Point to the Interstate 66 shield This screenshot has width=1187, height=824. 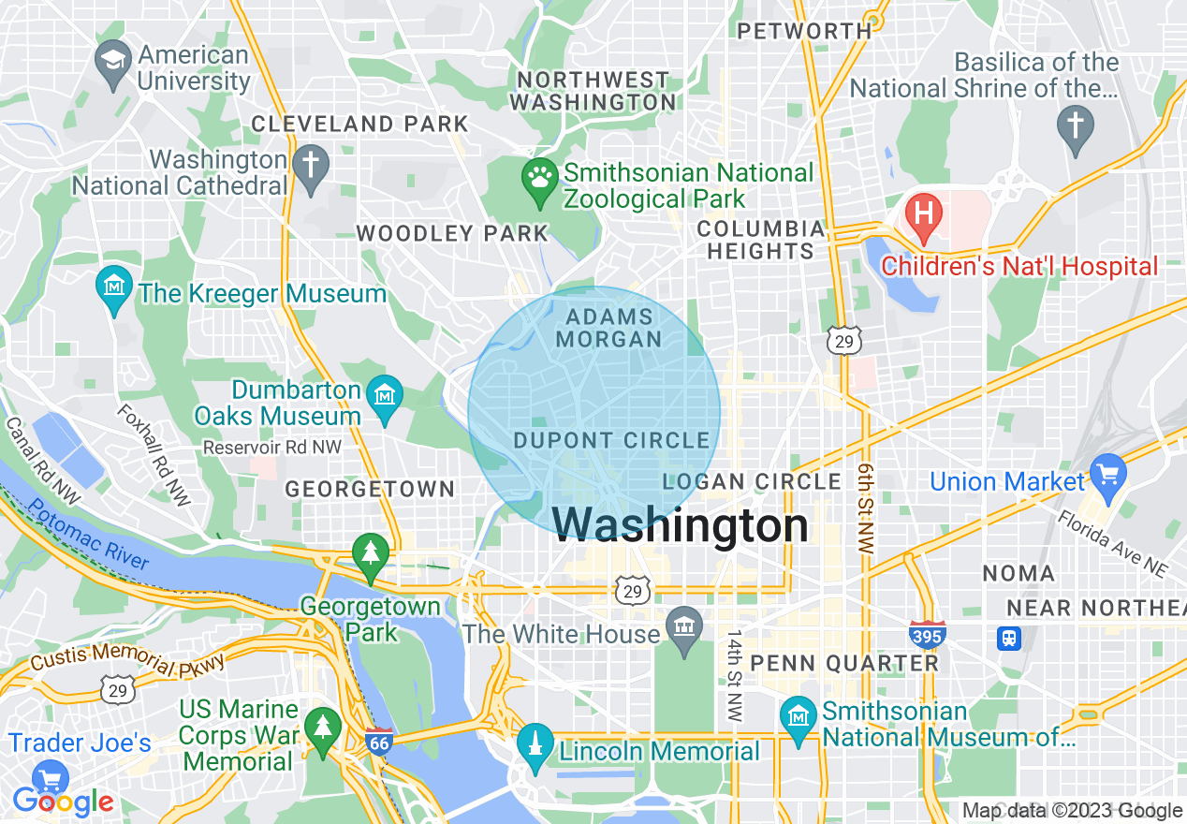click(x=378, y=742)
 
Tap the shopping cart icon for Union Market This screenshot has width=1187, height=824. click(x=1109, y=471)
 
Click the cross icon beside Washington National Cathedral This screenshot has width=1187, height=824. click(x=310, y=164)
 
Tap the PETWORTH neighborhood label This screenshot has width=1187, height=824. click(x=804, y=31)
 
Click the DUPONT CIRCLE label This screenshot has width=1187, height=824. click(x=611, y=440)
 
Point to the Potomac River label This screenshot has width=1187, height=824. click(x=88, y=534)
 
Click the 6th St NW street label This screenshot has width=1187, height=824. click(x=866, y=506)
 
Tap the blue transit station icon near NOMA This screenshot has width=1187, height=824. click(x=1009, y=639)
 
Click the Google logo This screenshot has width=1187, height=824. click(x=64, y=801)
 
